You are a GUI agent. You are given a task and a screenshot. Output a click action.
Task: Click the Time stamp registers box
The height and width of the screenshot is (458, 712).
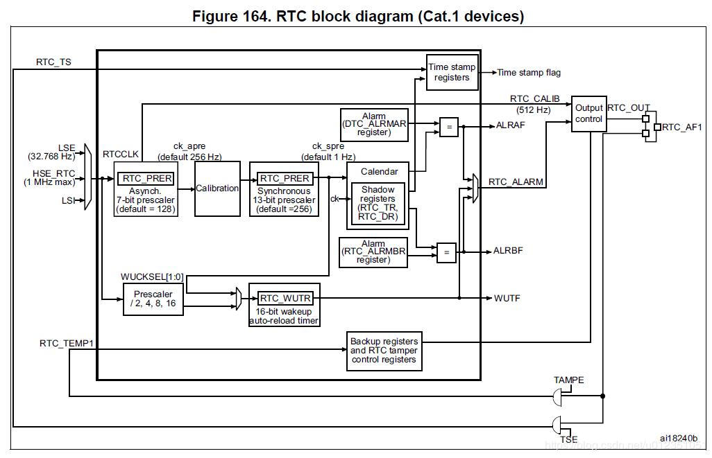coord(452,72)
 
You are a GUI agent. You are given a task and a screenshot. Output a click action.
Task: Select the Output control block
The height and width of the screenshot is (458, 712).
coord(589,114)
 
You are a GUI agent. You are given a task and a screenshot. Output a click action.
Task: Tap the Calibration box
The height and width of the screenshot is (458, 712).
coord(217,188)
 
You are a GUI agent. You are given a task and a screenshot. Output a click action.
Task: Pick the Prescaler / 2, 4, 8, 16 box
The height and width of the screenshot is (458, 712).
coord(153,298)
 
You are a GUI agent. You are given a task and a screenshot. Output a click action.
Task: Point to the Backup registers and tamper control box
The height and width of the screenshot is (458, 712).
coord(384,351)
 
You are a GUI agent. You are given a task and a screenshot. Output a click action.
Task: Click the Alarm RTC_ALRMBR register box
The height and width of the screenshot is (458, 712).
coord(373,253)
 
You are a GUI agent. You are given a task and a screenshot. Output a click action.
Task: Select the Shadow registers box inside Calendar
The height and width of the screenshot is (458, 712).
coord(378,204)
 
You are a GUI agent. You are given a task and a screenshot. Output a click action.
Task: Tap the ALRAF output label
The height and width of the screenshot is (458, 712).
coord(510,126)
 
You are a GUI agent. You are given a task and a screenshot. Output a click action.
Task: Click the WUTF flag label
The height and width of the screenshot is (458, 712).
coord(507,299)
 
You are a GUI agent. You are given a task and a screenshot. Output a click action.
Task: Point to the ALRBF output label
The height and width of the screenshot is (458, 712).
coord(508,251)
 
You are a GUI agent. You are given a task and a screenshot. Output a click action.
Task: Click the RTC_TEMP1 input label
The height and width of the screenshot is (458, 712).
coord(66,342)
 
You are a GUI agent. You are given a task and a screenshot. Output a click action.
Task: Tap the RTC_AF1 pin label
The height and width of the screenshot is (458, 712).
coord(682,127)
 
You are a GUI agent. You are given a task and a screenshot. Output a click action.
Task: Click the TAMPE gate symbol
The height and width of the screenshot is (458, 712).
coord(559,396)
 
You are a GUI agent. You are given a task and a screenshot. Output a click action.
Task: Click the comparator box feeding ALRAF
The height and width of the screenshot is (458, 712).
coord(448,127)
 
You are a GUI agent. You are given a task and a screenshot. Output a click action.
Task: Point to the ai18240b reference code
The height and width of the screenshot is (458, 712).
coord(678,437)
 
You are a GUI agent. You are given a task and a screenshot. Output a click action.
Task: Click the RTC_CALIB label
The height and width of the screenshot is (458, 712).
coord(534,99)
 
